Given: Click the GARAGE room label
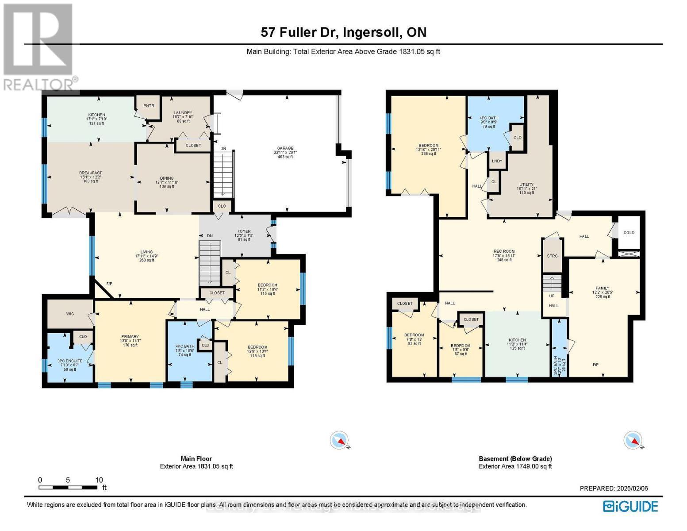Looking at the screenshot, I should point(283,149).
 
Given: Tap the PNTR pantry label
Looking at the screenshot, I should point(148,106).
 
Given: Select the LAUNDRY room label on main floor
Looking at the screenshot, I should point(183,113).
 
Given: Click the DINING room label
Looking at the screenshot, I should point(167,178).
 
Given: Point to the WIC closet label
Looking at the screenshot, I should point(70,314).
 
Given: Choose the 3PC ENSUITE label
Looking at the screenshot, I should point(70,361).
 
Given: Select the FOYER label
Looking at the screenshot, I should point(244,231).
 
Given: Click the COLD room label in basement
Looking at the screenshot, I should point(629,233).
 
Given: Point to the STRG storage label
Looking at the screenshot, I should point(552,256).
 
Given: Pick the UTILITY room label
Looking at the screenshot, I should point(526,185).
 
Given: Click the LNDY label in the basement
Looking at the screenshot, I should point(497,161).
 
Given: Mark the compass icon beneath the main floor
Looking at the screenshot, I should point(339,441).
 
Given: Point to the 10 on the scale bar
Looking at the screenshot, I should point(99,480).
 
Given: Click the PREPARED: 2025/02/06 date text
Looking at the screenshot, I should point(614,489).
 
